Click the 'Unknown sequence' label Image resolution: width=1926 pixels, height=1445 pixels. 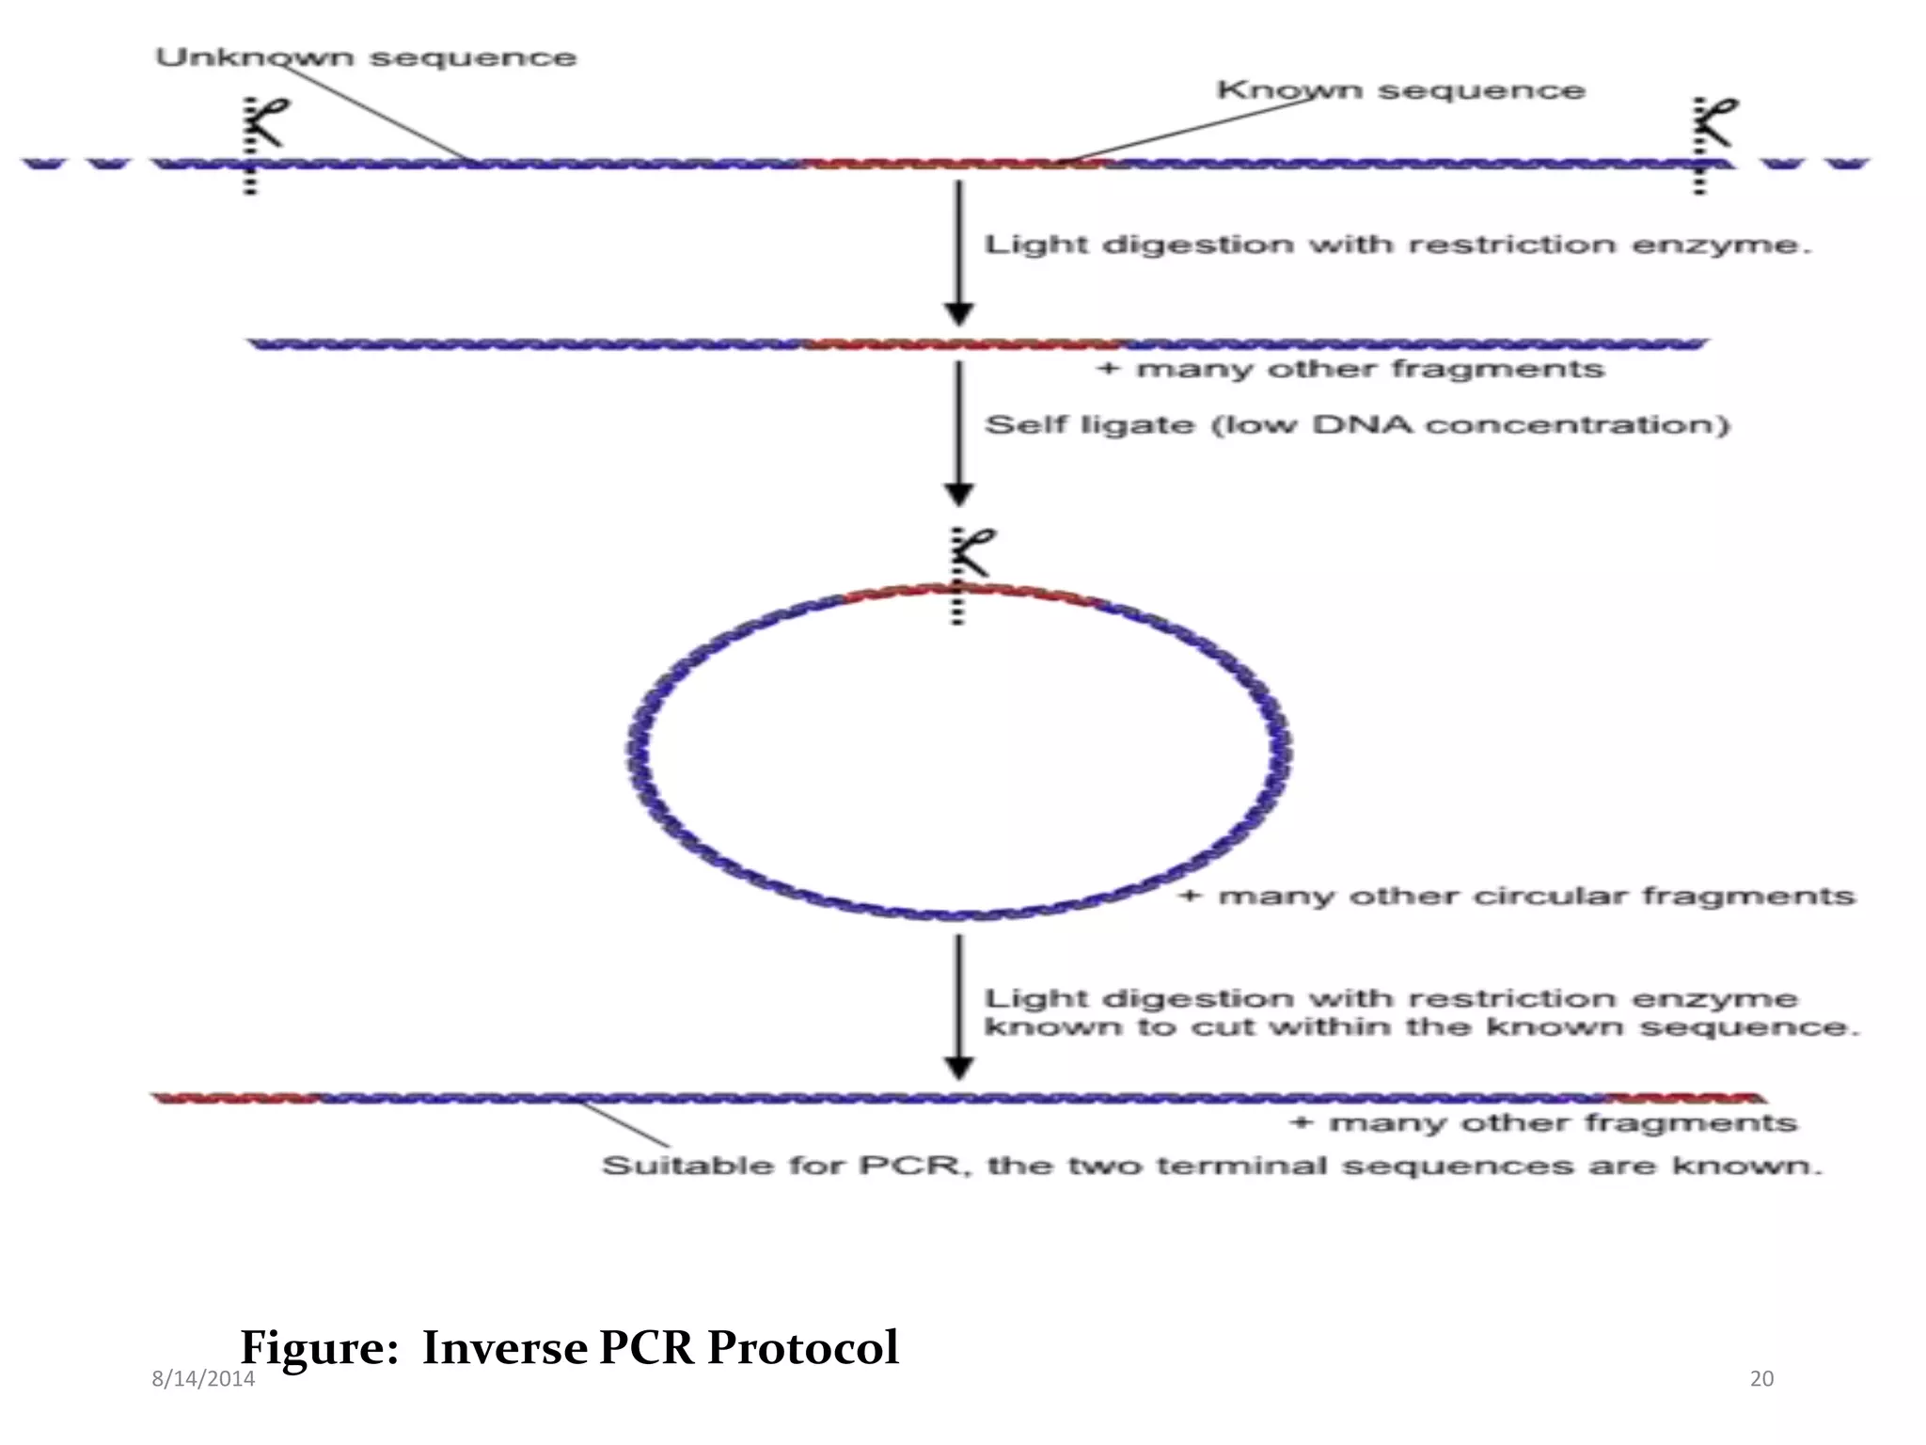click(x=366, y=58)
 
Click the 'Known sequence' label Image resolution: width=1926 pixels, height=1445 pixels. click(x=1400, y=91)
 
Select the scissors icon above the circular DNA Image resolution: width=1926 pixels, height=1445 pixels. click(x=972, y=553)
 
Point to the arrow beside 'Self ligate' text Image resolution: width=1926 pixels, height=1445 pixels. click(x=958, y=433)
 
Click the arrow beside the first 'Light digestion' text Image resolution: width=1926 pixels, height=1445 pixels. click(x=958, y=252)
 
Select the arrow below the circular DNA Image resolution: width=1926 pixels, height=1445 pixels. click(x=958, y=1007)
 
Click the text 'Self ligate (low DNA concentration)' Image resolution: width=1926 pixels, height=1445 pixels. click(x=1356, y=425)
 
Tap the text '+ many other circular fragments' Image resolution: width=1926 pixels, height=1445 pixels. click(x=1517, y=896)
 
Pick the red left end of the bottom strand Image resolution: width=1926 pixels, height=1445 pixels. click(x=235, y=1098)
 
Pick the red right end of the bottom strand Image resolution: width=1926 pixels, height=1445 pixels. click(x=1683, y=1098)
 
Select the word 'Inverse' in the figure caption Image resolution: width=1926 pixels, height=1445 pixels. click(x=505, y=1347)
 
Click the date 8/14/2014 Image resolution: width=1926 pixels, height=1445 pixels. click(x=203, y=1379)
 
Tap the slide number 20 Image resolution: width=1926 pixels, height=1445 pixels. click(x=1761, y=1379)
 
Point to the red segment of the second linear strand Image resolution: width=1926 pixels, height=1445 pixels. click(x=964, y=344)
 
